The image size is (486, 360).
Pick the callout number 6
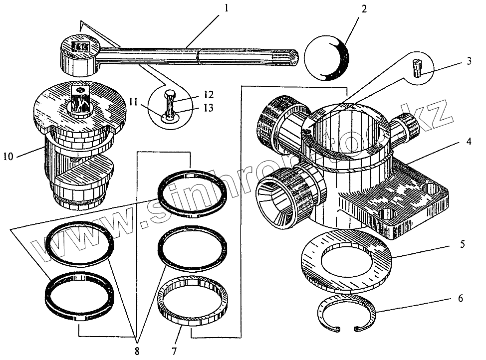pos(460,299)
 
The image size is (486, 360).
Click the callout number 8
pos(136,352)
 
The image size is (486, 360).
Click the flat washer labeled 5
pos(347,262)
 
